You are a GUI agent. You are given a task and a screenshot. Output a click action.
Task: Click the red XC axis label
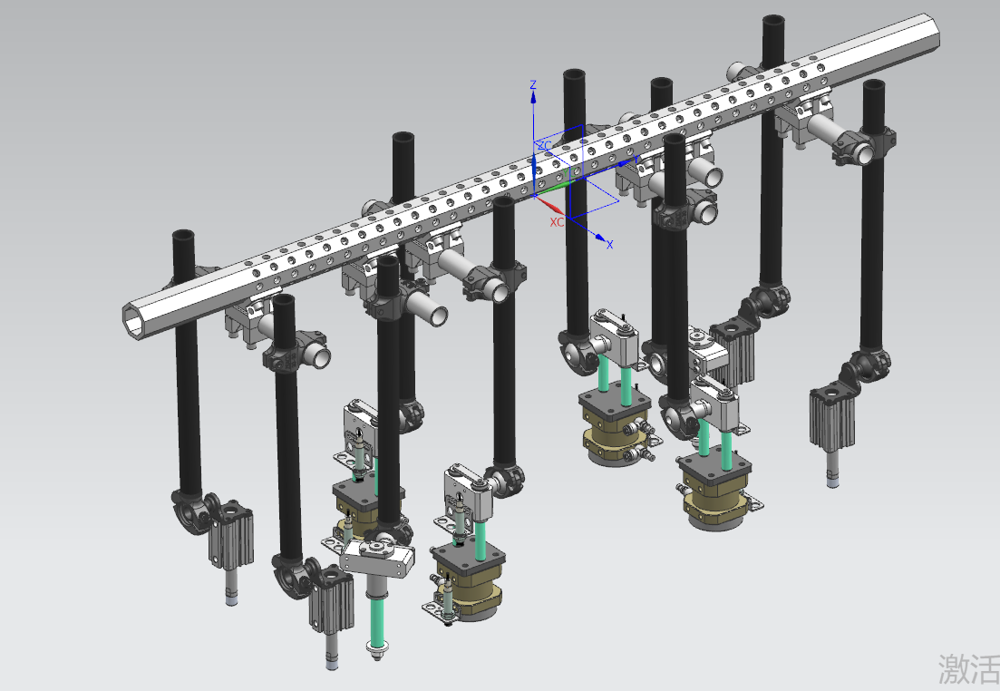tap(557, 222)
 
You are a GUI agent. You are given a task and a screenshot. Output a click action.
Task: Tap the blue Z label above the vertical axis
tap(533, 85)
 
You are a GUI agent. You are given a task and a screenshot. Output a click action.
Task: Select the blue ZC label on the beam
tap(544, 146)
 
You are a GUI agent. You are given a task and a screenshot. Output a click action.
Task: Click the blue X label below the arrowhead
tap(609, 244)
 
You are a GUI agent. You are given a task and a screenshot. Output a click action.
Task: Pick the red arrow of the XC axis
tap(549, 206)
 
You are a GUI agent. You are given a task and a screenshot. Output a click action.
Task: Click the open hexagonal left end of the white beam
tap(135, 317)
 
